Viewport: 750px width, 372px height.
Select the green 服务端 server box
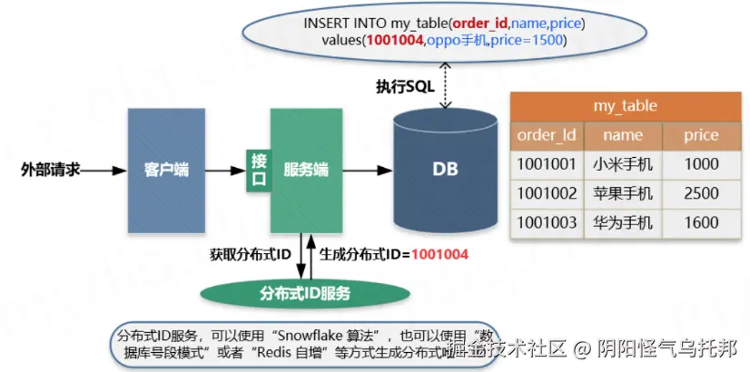[306, 170]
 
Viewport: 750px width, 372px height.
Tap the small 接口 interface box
[259, 170]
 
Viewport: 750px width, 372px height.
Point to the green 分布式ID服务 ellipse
[304, 294]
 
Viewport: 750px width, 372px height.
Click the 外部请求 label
[51, 170]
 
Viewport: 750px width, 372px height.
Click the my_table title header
[625, 106]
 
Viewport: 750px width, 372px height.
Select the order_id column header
[547, 135]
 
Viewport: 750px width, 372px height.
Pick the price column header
[701, 135]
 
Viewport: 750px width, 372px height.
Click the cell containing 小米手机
[622, 164]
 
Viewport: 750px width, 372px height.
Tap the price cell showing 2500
[701, 193]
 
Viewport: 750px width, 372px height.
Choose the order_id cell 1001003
[547, 222]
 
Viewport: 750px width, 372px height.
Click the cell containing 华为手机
[622, 222]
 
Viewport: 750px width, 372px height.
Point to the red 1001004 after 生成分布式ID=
[439, 255]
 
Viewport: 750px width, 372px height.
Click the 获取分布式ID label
[251, 255]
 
